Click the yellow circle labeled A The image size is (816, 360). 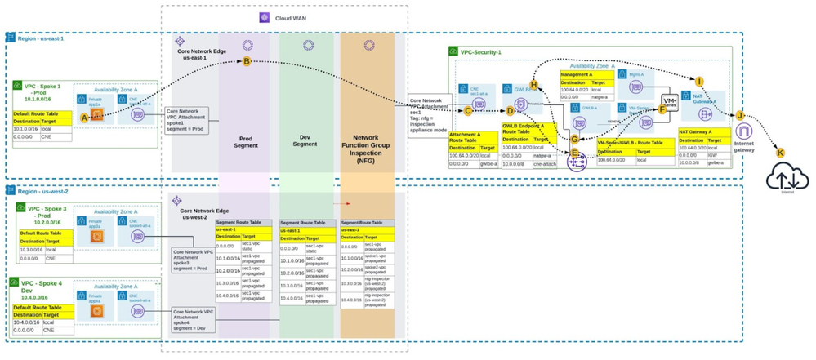click(x=83, y=118)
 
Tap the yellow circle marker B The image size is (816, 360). click(x=247, y=61)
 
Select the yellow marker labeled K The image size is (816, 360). click(x=779, y=153)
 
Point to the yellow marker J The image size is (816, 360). click(x=739, y=115)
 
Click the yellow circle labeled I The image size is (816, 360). click(x=699, y=81)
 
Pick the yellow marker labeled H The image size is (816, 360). click(x=533, y=84)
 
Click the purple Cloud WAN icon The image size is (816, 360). click(x=264, y=17)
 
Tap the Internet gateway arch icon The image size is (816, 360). click(x=743, y=132)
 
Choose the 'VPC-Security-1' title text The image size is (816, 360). click(x=481, y=51)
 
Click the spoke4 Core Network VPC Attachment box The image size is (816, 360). click(x=193, y=318)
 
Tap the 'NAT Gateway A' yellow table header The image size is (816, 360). click(x=700, y=131)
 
